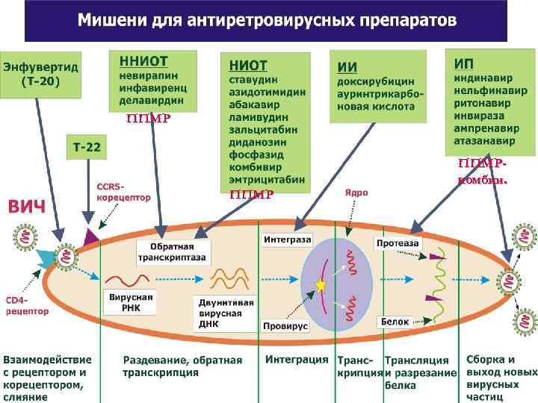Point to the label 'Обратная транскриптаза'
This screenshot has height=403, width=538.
(166, 252)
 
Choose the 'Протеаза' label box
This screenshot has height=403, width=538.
(398, 243)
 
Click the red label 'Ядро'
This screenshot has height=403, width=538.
(356, 192)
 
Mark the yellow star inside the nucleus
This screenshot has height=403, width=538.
(321, 284)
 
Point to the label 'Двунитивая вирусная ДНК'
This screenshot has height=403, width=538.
(226, 313)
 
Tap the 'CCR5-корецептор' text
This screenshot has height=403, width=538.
(123, 192)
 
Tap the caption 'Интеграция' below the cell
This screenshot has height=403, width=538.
(297, 359)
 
